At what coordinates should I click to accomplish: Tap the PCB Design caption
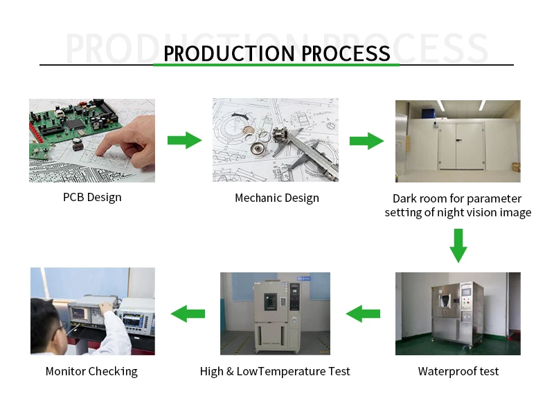pyautogui.click(x=92, y=197)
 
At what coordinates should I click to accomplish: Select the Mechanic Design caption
pyautogui.click(x=277, y=198)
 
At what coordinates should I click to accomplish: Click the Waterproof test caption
pyautogui.click(x=458, y=371)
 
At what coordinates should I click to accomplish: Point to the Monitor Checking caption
pyautogui.click(x=91, y=371)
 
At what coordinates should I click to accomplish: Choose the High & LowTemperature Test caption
pyautogui.click(x=275, y=371)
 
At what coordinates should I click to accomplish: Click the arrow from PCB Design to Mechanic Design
pyautogui.click(x=184, y=141)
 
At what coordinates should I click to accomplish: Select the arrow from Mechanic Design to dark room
pyautogui.click(x=366, y=141)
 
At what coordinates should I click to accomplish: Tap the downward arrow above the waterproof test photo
pyautogui.click(x=458, y=245)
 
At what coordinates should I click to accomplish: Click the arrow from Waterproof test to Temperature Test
pyautogui.click(x=363, y=314)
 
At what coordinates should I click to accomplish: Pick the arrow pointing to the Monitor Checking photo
pyautogui.click(x=188, y=314)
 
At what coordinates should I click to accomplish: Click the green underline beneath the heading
pyautogui.click(x=276, y=65)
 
